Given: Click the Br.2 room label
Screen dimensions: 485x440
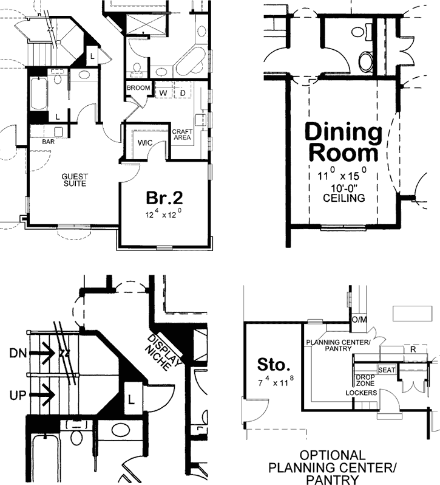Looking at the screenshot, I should (x=164, y=198).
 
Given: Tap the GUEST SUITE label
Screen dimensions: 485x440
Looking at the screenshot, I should (x=76, y=180).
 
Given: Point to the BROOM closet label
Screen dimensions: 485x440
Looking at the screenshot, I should (x=138, y=89).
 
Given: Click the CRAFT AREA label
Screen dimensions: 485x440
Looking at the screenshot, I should (x=181, y=135).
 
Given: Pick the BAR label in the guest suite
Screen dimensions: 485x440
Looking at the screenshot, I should (x=49, y=142).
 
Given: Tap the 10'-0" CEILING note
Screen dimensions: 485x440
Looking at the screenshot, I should (x=344, y=193).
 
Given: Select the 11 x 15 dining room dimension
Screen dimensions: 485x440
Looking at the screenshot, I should (x=344, y=174).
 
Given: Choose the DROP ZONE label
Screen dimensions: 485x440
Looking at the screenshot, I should (x=365, y=380).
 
